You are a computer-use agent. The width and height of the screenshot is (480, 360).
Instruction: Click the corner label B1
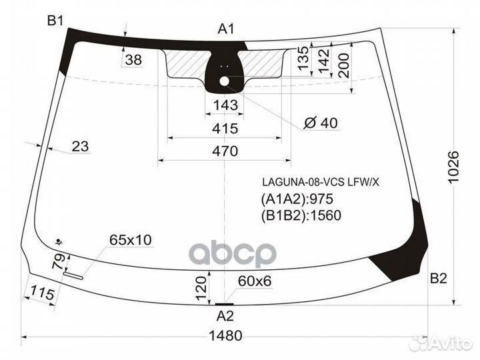coord(55,21)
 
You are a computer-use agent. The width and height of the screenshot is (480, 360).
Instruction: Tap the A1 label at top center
coord(226,29)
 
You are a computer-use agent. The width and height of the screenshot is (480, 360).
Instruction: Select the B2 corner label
coord(439,279)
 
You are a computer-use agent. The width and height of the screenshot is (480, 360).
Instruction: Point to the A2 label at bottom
coord(225,316)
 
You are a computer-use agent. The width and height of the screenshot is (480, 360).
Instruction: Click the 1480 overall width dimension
coord(225,335)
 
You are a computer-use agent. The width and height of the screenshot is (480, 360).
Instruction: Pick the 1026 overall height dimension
coord(454,167)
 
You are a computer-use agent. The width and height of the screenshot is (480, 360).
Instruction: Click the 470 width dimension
coord(225,151)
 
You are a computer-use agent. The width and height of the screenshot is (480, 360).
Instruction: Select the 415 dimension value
coord(225,129)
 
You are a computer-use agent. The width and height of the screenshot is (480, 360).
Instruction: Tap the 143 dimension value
coord(225,105)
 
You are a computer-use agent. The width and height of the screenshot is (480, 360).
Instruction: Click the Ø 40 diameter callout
coord(321,123)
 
